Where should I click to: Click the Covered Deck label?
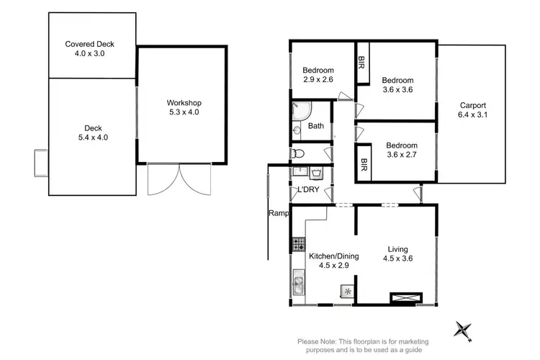click(89, 48)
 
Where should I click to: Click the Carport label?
click(472, 109)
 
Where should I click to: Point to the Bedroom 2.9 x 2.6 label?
click(318, 75)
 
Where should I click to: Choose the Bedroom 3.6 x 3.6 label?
click(397, 85)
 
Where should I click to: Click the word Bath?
click(316, 126)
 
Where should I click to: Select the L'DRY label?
click(308, 190)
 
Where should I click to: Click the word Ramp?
click(278, 213)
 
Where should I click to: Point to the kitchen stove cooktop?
click(297, 245)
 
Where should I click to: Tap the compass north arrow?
click(462, 330)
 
